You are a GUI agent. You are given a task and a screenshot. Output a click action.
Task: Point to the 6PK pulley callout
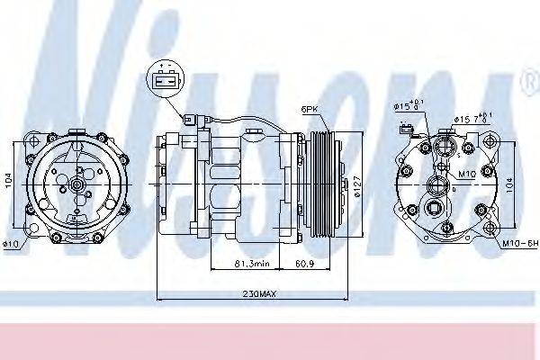310,109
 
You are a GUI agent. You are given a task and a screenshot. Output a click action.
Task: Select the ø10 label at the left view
11,243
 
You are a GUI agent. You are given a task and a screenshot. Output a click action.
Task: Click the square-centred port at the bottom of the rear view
434,213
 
